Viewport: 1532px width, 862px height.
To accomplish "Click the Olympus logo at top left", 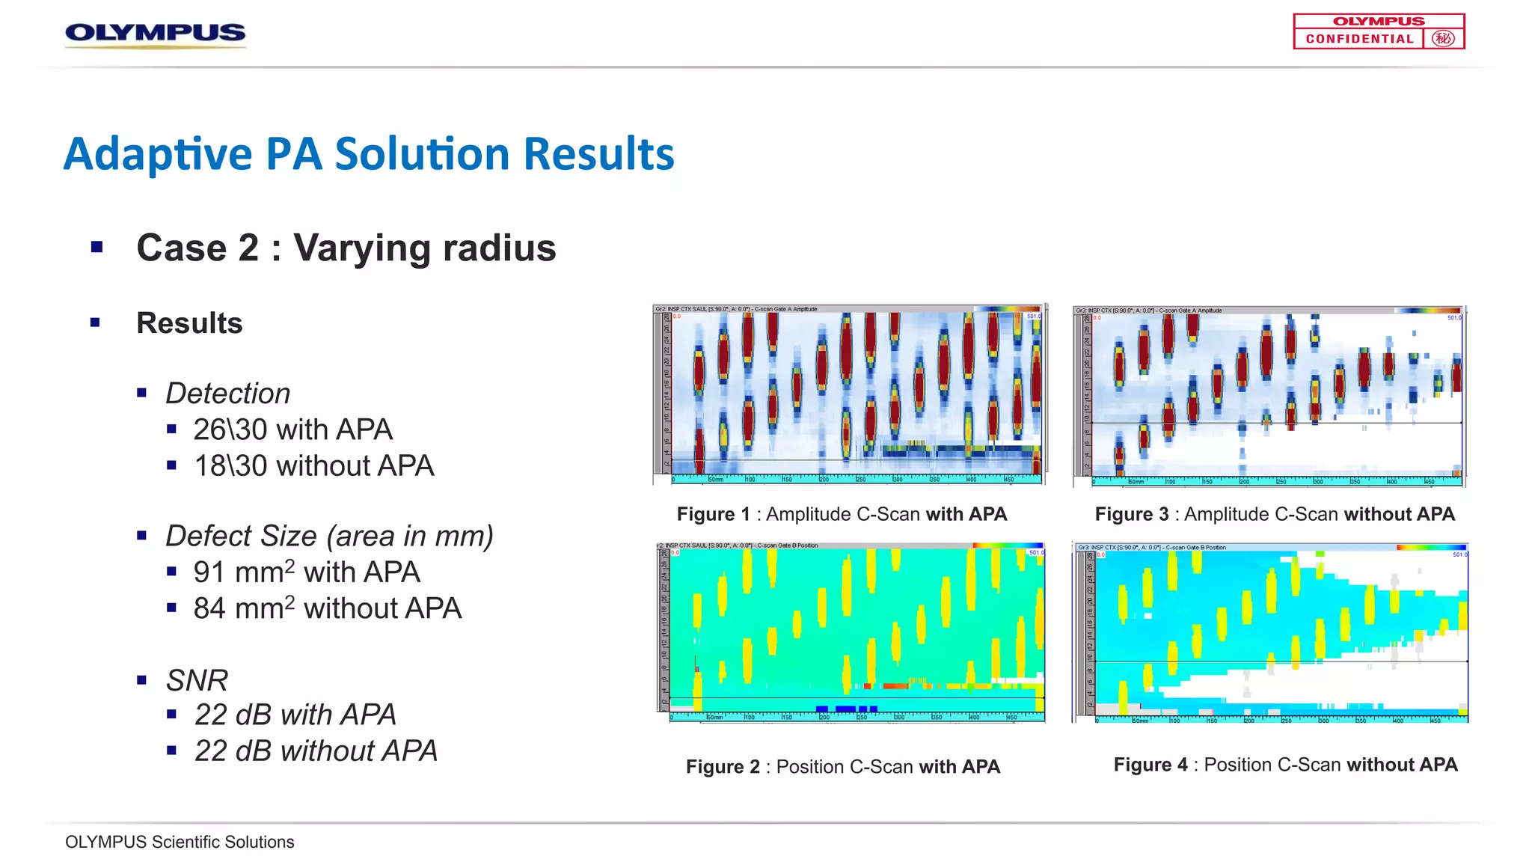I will point(155,34).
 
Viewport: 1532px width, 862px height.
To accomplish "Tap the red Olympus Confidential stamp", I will point(1378,31).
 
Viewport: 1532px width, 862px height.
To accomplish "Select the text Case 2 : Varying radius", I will point(346,248).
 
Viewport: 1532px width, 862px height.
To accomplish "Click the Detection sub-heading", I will point(227,394).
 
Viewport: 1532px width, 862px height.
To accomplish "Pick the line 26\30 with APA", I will point(292,430).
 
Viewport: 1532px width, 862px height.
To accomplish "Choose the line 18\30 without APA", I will point(313,466).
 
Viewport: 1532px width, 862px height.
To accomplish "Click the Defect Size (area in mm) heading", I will point(329,536).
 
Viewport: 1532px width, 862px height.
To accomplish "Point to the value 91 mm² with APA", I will point(306,572).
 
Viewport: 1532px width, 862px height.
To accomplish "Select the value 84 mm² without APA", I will point(327,608).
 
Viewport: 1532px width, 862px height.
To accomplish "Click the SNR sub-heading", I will point(196,680).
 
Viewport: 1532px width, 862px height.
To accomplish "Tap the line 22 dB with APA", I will point(295,715).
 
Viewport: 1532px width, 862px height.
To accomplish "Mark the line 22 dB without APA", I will point(316,751).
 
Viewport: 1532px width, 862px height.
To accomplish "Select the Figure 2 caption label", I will point(722,767).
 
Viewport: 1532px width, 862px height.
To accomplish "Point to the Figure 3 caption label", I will point(1131,514).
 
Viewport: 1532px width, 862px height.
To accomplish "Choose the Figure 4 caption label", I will point(1150,765).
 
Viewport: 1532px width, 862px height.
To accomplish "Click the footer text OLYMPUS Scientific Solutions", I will point(180,842).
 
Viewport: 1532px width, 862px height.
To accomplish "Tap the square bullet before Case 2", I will point(96,247).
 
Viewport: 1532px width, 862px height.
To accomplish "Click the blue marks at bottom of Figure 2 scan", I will point(846,708).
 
